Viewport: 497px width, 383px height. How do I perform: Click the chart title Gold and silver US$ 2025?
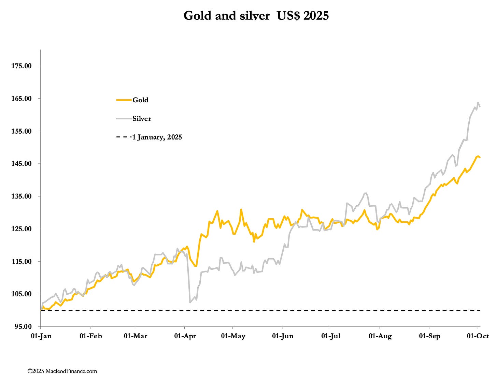[256, 16]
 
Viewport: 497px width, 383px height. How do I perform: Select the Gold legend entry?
[140, 100]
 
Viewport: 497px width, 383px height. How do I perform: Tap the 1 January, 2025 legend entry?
[157, 137]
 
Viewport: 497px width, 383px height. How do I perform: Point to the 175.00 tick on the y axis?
[22, 66]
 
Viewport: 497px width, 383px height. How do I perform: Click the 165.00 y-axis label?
[22, 99]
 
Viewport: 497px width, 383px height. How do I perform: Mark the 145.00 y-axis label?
[22, 164]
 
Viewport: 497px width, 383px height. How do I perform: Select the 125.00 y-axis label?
[22, 229]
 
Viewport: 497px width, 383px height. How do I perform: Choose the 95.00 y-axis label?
[23, 326]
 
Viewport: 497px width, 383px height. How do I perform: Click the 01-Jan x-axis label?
[41, 336]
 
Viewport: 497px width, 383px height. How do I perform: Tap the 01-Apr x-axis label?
[185, 336]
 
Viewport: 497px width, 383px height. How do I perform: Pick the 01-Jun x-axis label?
[283, 336]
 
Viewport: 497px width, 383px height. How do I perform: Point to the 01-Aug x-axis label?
[380, 336]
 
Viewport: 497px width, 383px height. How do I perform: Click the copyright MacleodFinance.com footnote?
[62, 371]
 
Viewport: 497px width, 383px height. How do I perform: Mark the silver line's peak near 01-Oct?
[478, 103]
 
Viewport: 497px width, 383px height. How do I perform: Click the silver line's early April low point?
[190, 302]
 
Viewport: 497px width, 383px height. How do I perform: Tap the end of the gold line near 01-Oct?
[480, 157]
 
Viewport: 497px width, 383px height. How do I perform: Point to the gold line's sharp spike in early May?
[241, 210]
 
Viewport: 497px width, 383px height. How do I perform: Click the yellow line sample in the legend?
[124, 100]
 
